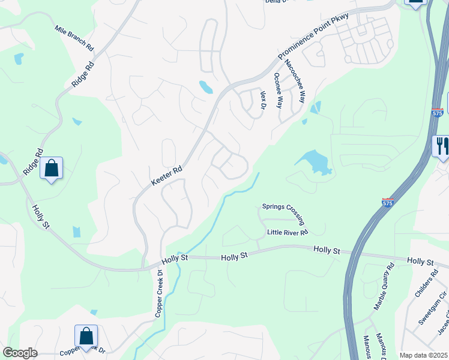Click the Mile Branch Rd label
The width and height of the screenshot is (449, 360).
74,37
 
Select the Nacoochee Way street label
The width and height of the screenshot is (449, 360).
295,82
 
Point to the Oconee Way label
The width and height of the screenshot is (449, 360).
278,90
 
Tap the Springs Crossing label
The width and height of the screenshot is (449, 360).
283,214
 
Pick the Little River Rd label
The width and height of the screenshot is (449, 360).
288,232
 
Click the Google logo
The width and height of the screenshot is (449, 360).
20,353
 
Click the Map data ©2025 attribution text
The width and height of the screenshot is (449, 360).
423,355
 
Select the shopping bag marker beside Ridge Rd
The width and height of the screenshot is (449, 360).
51,168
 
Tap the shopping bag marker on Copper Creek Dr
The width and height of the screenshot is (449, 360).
86,336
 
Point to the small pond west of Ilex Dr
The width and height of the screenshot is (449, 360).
206,87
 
